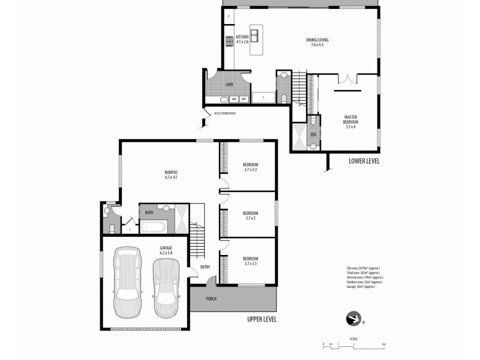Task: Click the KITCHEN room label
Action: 242,39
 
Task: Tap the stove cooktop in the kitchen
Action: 229,41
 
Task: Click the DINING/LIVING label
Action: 317,42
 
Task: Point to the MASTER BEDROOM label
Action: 351,119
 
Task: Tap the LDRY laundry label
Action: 229,85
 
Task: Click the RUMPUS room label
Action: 172,175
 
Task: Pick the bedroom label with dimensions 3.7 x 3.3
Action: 250,167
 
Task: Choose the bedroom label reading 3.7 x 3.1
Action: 250,262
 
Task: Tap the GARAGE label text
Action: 166,250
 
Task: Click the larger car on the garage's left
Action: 128,282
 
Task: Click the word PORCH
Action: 211,299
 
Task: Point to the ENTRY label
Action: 205,268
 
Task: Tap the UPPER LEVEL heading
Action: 262,320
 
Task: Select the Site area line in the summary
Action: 363,268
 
